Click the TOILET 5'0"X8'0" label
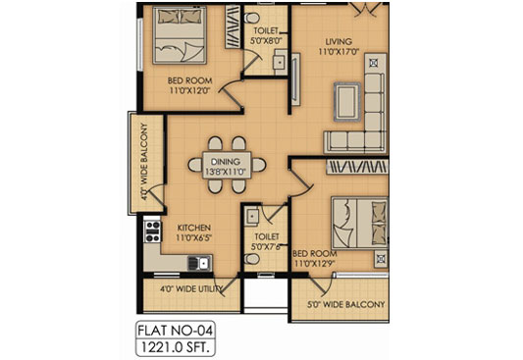pos(266,36)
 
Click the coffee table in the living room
pos(347,98)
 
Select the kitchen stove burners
pos(152,231)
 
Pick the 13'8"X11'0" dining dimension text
pos(225,173)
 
